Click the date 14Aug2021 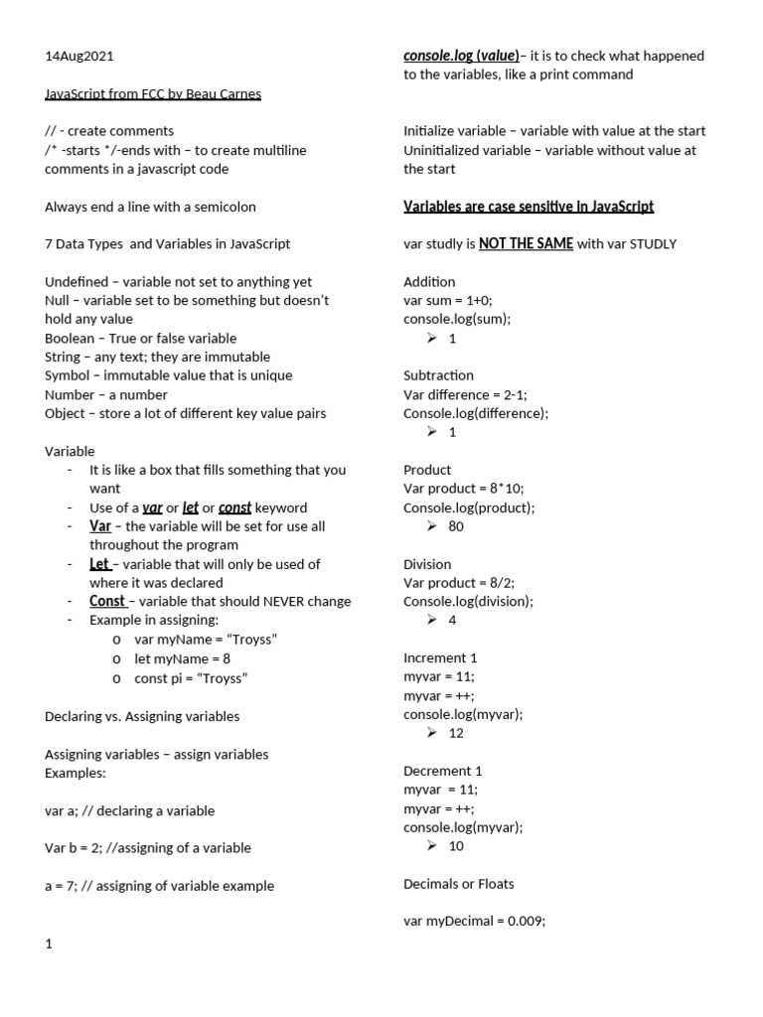73,56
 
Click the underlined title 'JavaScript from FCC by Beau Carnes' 153,93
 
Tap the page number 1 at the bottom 49,944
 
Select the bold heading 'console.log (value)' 461,56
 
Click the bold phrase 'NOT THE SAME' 526,243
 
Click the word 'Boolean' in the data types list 71,338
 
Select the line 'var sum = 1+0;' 448,300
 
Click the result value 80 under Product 456,526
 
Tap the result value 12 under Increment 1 456,733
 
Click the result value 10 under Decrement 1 456,846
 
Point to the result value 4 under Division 452,620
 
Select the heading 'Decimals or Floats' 459,884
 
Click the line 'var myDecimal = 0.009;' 475,922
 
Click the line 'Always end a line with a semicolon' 150,207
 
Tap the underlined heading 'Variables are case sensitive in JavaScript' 529,207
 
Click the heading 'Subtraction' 438,375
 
